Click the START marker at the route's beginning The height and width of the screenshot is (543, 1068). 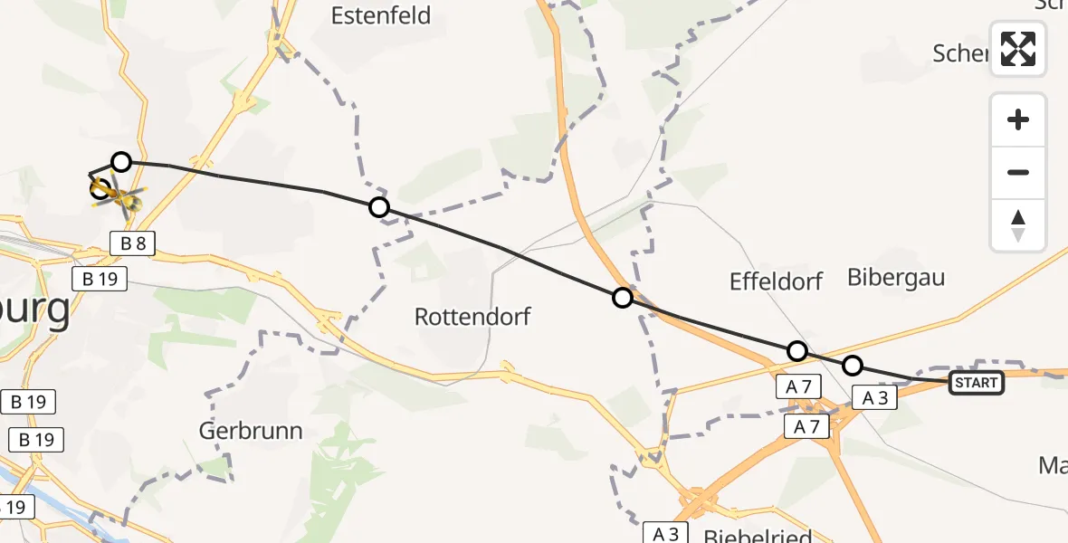(x=976, y=383)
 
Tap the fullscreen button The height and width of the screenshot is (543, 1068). (x=1018, y=49)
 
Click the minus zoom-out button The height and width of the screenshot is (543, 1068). (x=1018, y=172)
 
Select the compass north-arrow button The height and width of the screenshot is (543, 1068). (x=1018, y=225)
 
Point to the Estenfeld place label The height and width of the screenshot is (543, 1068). (x=380, y=16)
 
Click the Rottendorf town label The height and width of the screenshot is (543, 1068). (x=472, y=317)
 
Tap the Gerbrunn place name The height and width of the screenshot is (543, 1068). (x=251, y=430)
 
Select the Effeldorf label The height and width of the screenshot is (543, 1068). (x=776, y=281)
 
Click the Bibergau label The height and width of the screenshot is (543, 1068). (x=895, y=277)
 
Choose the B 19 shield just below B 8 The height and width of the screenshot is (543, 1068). (x=100, y=279)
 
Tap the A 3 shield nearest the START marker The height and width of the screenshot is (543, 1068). (x=874, y=398)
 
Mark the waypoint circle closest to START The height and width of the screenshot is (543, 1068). (x=853, y=366)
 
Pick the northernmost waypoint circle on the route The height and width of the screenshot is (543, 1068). (x=121, y=162)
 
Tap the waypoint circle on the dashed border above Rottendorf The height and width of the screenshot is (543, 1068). (x=379, y=207)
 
